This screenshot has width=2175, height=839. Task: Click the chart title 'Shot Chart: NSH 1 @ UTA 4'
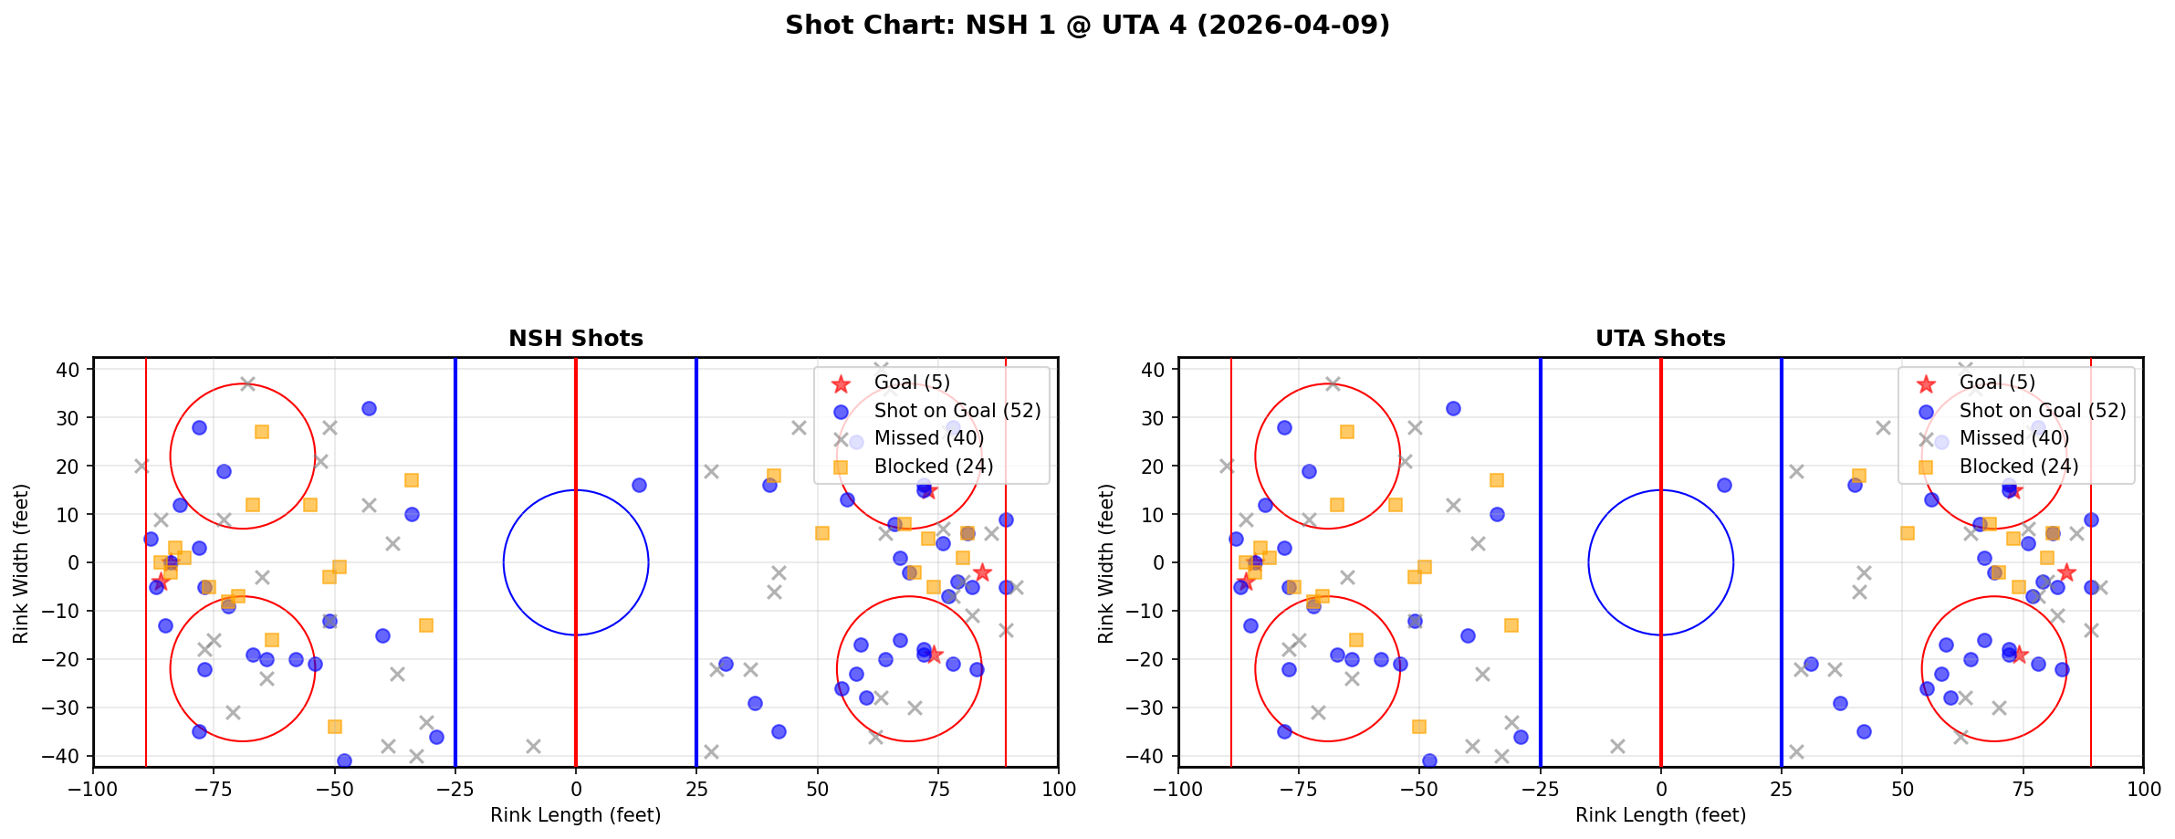click(1087, 26)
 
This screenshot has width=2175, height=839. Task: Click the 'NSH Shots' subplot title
click(576, 339)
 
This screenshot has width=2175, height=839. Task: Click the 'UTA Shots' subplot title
click(1660, 339)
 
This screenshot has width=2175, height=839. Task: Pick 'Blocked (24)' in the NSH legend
click(933, 467)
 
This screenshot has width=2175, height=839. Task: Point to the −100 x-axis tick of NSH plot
click(93, 789)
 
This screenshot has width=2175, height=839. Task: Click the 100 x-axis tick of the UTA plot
click(2142, 789)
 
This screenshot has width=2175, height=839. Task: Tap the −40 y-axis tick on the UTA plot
click(1150, 756)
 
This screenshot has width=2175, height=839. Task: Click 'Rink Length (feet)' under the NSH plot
click(576, 815)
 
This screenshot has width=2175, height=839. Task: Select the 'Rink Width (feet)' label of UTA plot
click(1106, 562)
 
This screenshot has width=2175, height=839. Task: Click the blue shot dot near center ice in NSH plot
click(639, 485)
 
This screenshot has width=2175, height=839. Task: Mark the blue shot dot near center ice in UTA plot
click(1724, 485)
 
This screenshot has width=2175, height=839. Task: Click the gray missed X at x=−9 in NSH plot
click(533, 746)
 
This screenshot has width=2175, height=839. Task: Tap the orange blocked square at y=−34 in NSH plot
click(335, 727)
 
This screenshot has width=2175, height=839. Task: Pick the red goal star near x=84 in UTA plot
click(2066, 572)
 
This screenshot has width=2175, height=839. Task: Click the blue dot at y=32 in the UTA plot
click(1453, 408)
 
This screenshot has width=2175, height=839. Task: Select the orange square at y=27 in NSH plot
click(262, 432)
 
